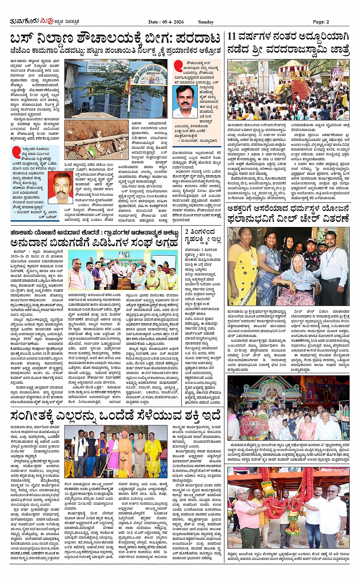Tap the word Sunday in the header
point(206,22)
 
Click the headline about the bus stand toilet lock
point(115,38)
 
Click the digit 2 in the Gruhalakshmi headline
point(187,231)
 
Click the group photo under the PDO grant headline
point(123,270)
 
